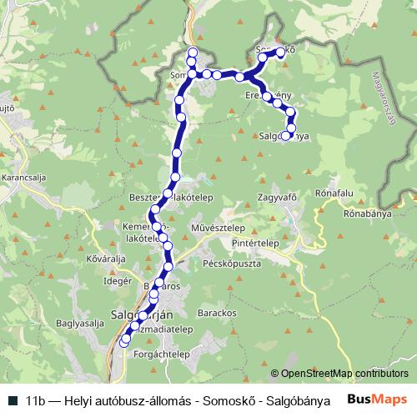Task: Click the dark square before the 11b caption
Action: pyautogui.click(x=13, y=399)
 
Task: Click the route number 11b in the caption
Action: pyautogui.click(x=35, y=399)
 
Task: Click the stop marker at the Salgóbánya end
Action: pyautogui.click(x=285, y=135)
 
